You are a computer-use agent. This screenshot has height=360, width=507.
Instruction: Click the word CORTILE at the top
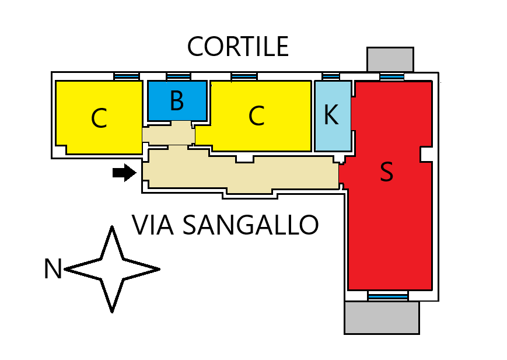(237, 47)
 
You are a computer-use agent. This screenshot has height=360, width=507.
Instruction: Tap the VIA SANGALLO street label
(225, 225)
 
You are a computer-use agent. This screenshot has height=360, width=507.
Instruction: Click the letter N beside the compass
(53, 270)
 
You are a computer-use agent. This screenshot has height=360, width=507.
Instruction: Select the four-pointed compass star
(112, 269)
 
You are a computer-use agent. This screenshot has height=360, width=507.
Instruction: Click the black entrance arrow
(124, 172)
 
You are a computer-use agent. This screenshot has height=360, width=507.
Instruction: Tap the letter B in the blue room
(177, 101)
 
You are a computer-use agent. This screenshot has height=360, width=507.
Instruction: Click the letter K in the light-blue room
(331, 116)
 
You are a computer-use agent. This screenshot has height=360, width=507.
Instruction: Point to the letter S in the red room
(386, 172)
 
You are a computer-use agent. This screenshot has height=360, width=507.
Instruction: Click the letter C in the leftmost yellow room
(99, 119)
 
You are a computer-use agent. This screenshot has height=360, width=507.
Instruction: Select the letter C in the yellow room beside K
(256, 116)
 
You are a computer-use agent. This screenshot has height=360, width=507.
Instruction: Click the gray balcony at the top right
(390, 60)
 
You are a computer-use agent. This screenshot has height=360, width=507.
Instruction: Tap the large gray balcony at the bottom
(382, 317)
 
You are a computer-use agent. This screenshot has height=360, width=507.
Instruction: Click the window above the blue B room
(179, 76)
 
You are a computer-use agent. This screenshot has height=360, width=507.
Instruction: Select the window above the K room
(331, 76)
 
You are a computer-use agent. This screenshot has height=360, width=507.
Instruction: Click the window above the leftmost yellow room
(126, 76)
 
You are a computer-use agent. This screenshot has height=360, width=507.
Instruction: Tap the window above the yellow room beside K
(244, 76)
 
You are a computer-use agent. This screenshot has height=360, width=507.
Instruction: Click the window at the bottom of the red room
(388, 296)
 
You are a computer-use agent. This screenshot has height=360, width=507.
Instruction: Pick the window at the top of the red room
(391, 76)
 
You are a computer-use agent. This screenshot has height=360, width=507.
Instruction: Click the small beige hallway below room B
(169, 135)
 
